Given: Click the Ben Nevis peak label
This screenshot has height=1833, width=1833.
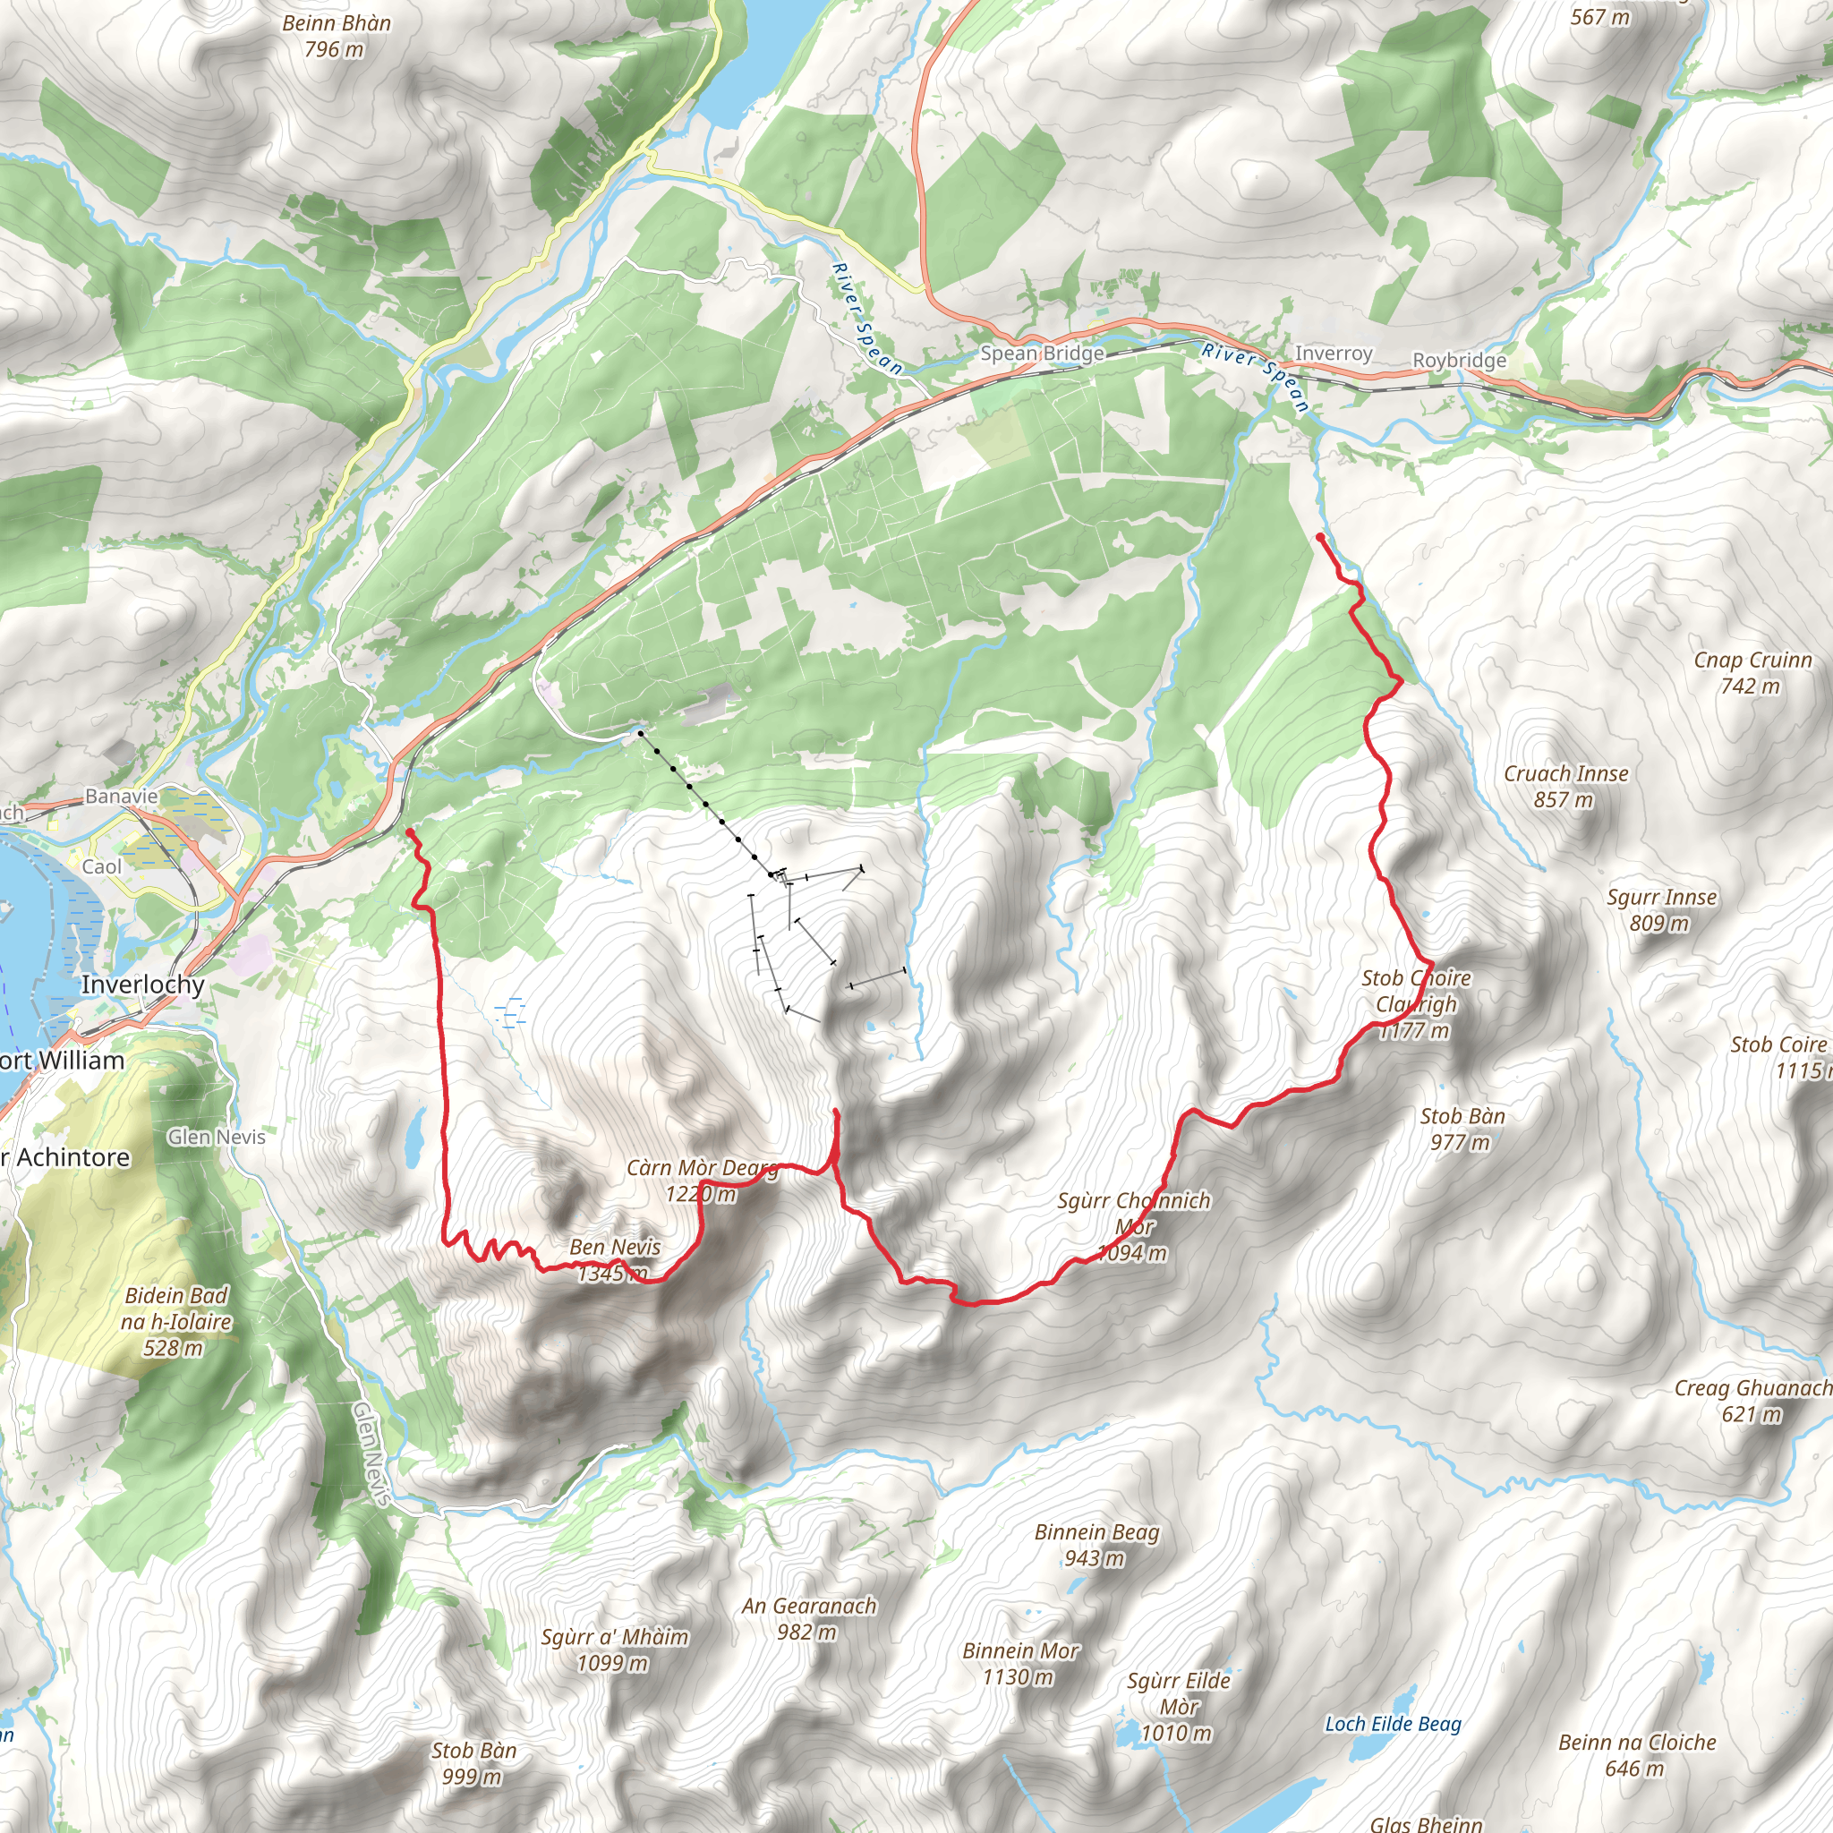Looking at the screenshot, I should pos(615,1259).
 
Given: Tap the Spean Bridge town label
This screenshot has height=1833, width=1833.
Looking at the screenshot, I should pos(1042,353).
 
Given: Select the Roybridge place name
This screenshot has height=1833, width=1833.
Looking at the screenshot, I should pos(1458,361).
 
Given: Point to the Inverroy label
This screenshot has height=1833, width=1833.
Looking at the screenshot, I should pos(1333,353).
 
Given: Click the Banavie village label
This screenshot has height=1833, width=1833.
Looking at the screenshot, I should pos(122,796).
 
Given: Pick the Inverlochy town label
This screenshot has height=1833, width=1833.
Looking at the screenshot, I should pos(142,984).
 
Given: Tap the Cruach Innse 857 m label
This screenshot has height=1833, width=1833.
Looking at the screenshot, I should pos(1565,787).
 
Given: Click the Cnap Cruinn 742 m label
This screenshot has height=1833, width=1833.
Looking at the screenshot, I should pos(1752,673).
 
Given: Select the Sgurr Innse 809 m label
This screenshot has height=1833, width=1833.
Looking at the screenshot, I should pos(1661,910).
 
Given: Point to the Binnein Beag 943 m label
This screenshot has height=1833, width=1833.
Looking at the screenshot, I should pos(1096,1545).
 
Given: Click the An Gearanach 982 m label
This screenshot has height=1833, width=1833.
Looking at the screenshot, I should pos(808,1618).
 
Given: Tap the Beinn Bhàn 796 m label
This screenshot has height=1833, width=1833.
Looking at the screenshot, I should pos(336,36).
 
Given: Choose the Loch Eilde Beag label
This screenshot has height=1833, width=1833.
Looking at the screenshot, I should pos(1393,1724).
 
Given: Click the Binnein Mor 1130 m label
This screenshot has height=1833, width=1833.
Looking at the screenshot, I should pos(1020,1663).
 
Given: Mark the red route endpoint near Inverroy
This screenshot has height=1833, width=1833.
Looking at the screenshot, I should pos(1320,537).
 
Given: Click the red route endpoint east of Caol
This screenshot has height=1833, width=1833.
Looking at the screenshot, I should pos(410,832).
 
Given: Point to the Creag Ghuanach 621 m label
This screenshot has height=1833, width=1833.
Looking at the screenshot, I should pos(1752,1402).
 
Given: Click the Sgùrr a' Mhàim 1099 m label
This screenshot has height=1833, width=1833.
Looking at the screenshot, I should pos(614,1649).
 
